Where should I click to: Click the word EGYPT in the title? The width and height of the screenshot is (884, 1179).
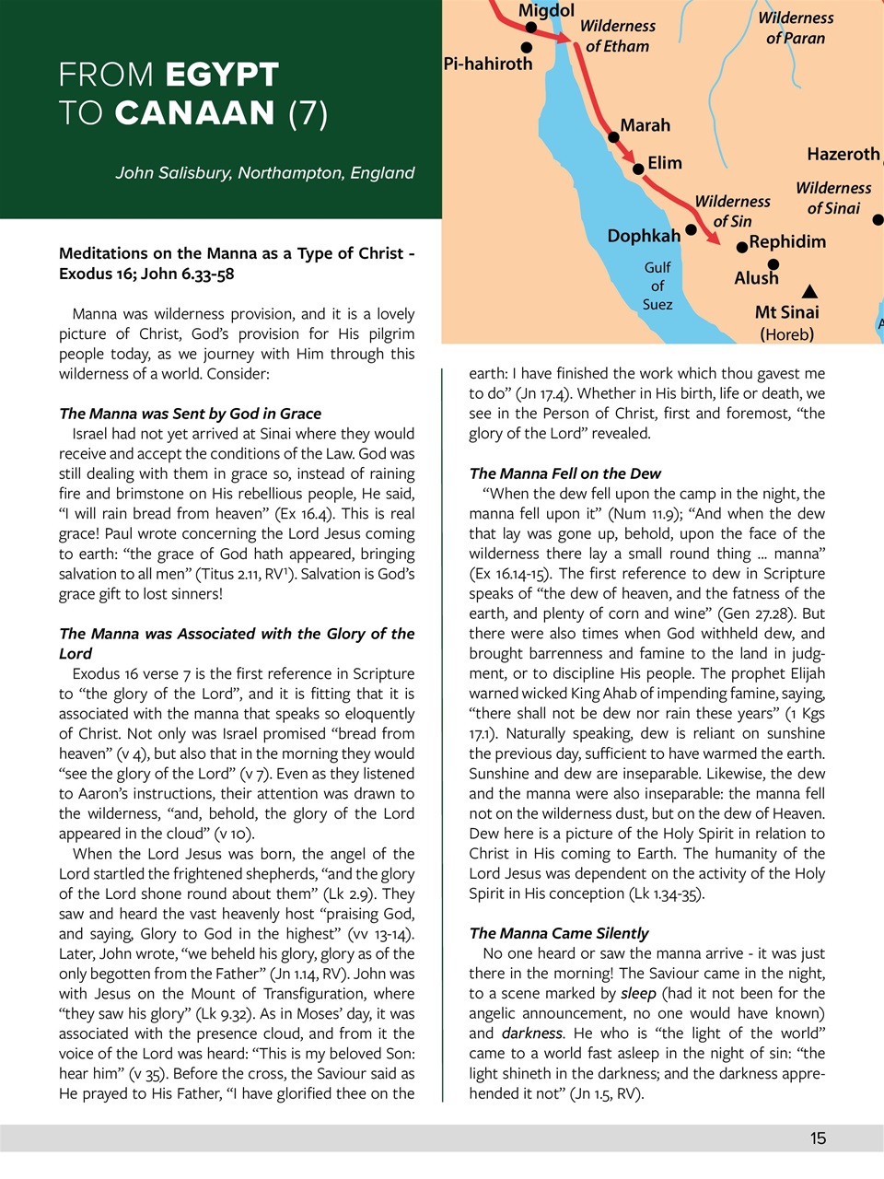coord(223,75)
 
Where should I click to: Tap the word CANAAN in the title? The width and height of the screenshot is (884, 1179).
coord(194,113)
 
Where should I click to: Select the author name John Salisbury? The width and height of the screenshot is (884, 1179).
coord(173,173)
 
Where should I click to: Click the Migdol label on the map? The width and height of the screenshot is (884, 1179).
coord(546,11)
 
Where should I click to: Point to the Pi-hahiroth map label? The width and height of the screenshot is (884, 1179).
coord(488,64)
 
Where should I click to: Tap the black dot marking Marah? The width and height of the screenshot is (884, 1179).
coord(614,137)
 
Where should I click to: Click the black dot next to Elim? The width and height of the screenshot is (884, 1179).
coord(639,169)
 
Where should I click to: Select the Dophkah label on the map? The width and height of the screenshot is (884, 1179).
coord(644,237)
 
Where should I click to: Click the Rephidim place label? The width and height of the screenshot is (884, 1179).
coord(787,242)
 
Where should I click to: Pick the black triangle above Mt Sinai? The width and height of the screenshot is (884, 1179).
coord(809,292)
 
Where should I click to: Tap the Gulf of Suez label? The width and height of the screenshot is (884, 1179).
coord(657,286)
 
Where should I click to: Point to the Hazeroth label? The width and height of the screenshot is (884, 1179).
coord(843,155)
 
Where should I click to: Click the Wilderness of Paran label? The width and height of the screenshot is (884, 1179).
coord(796,28)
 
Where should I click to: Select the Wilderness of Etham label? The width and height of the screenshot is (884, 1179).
coord(617,36)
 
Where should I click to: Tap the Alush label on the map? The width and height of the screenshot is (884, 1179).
coord(756,278)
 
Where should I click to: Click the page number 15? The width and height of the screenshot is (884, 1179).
coord(818,1139)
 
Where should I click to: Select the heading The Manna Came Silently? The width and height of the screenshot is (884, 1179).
coord(559,934)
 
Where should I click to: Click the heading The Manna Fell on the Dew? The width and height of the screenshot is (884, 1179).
coord(564,473)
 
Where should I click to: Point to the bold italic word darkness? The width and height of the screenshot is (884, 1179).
coord(531,1033)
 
